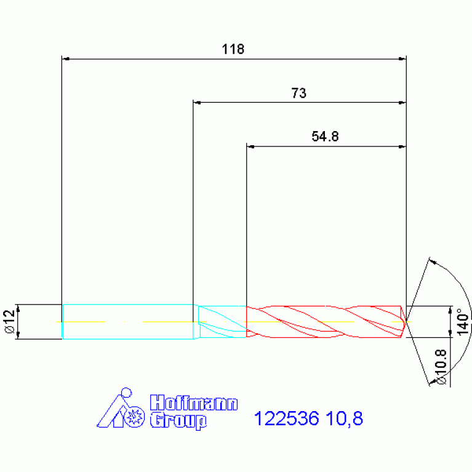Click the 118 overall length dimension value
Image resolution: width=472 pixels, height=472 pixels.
click(x=233, y=49)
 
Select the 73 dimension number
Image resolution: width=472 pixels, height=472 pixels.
click(x=298, y=93)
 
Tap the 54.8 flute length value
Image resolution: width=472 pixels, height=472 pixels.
click(x=325, y=137)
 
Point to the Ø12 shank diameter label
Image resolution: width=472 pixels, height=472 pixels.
click(x=10, y=321)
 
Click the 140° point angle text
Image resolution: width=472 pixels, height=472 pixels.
click(x=463, y=321)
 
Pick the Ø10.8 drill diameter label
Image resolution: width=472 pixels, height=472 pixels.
click(x=441, y=367)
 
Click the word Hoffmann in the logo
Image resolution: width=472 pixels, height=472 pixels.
click(x=194, y=402)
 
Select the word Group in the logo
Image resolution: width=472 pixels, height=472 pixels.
click(x=178, y=420)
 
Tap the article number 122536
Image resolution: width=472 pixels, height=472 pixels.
click(x=286, y=418)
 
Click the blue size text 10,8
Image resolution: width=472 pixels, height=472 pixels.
click(x=345, y=418)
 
